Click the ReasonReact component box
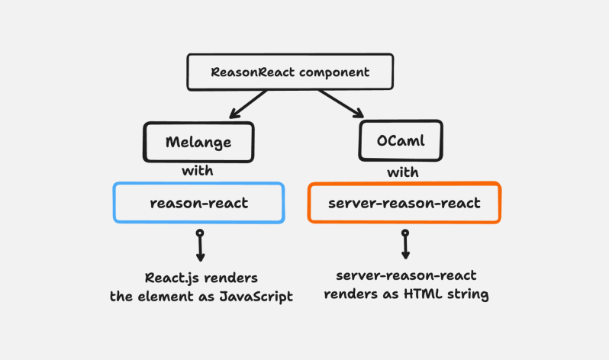[x=290, y=72]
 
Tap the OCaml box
[x=400, y=142]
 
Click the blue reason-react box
[x=198, y=203]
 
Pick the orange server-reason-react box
[x=404, y=203]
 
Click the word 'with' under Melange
[x=197, y=170]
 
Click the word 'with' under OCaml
[x=402, y=172]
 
